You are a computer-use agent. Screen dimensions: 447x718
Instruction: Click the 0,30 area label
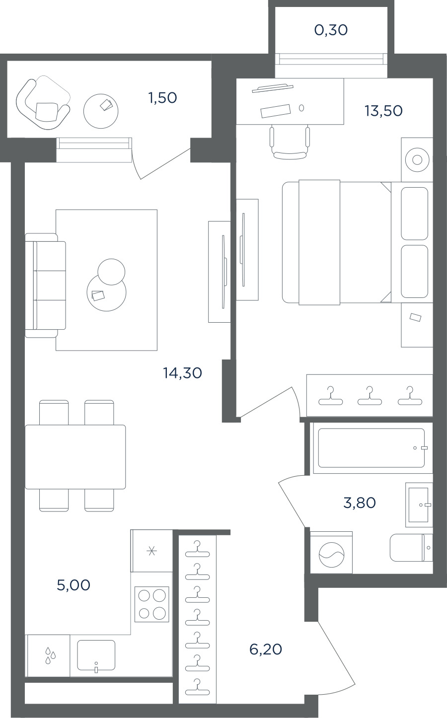click(x=331, y=30)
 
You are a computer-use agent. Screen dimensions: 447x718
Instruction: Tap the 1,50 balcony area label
click(x=162, y=98)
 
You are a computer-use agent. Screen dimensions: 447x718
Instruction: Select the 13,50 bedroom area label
click(x=383, y=111)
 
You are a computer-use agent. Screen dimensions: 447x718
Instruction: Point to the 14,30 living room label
click(x=182, y=373)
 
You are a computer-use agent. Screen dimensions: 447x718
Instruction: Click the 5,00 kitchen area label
click(x=74, y=585)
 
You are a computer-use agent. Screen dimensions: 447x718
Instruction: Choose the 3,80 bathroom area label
click(x=360, y=503)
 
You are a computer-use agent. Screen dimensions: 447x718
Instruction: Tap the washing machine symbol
click(x=331, y=554)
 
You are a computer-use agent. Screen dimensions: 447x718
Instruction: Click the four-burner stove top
click(x=151, y=604)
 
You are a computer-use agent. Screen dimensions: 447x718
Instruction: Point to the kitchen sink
click(x=96, y=655)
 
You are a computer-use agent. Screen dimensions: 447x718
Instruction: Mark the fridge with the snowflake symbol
click(x=151, y=551)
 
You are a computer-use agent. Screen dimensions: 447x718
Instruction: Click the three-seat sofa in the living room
click(x=46, y=286)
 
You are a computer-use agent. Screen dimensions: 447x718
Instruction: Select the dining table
click(x=75, y=457)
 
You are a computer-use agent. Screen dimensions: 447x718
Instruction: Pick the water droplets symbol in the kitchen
click(x=50, y=655)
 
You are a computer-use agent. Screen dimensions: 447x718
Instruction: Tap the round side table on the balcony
click(x=101, y=111)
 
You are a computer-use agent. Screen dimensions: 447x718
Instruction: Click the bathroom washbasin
click(x=419, y=505)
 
